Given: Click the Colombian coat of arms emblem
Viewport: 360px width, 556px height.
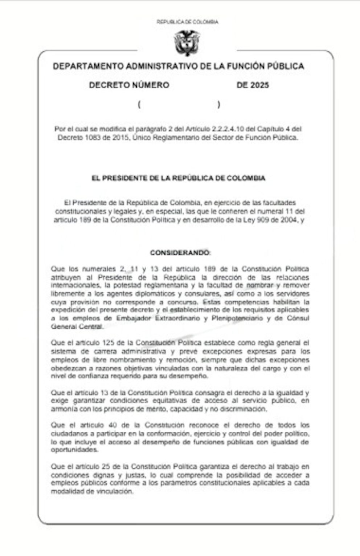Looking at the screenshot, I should (x=187, y=43).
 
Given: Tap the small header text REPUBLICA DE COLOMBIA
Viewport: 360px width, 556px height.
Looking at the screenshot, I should (x=187, y=22).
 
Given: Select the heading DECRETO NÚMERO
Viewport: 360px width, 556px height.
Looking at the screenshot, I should (x=129, y=85).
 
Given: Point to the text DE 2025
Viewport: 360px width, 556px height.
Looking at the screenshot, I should (x=253, y=85).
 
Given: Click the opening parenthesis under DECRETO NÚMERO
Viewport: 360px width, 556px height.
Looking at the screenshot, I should (x=139, y=105).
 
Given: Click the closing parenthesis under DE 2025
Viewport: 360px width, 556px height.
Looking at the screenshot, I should (x=218, y=105).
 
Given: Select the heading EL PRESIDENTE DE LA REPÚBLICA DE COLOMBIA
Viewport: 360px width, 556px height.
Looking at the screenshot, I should (x=178, y=178).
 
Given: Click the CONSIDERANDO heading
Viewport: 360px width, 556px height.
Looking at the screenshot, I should (x=180, y=253).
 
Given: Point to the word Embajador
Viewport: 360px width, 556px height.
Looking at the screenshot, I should (x=133, y=318).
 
